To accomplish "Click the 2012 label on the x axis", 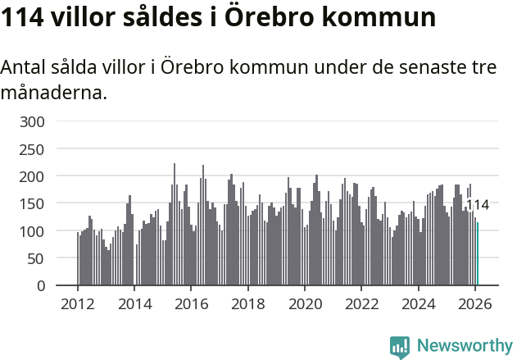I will tap(78, 303).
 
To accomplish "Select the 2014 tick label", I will tap(134, 303).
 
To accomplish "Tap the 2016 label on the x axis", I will tap(191, 303).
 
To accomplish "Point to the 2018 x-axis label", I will tap(247, 303).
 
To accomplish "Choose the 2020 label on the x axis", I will tap(305, 303).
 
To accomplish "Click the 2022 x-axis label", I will tap(361, 303).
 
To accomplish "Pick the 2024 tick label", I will tap(418, 303).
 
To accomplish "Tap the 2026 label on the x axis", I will tap(474, 303).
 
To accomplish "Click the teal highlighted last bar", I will tap(478, 255).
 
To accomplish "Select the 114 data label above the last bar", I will tap(477, 205).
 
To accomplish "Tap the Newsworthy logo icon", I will tap(400, 346).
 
